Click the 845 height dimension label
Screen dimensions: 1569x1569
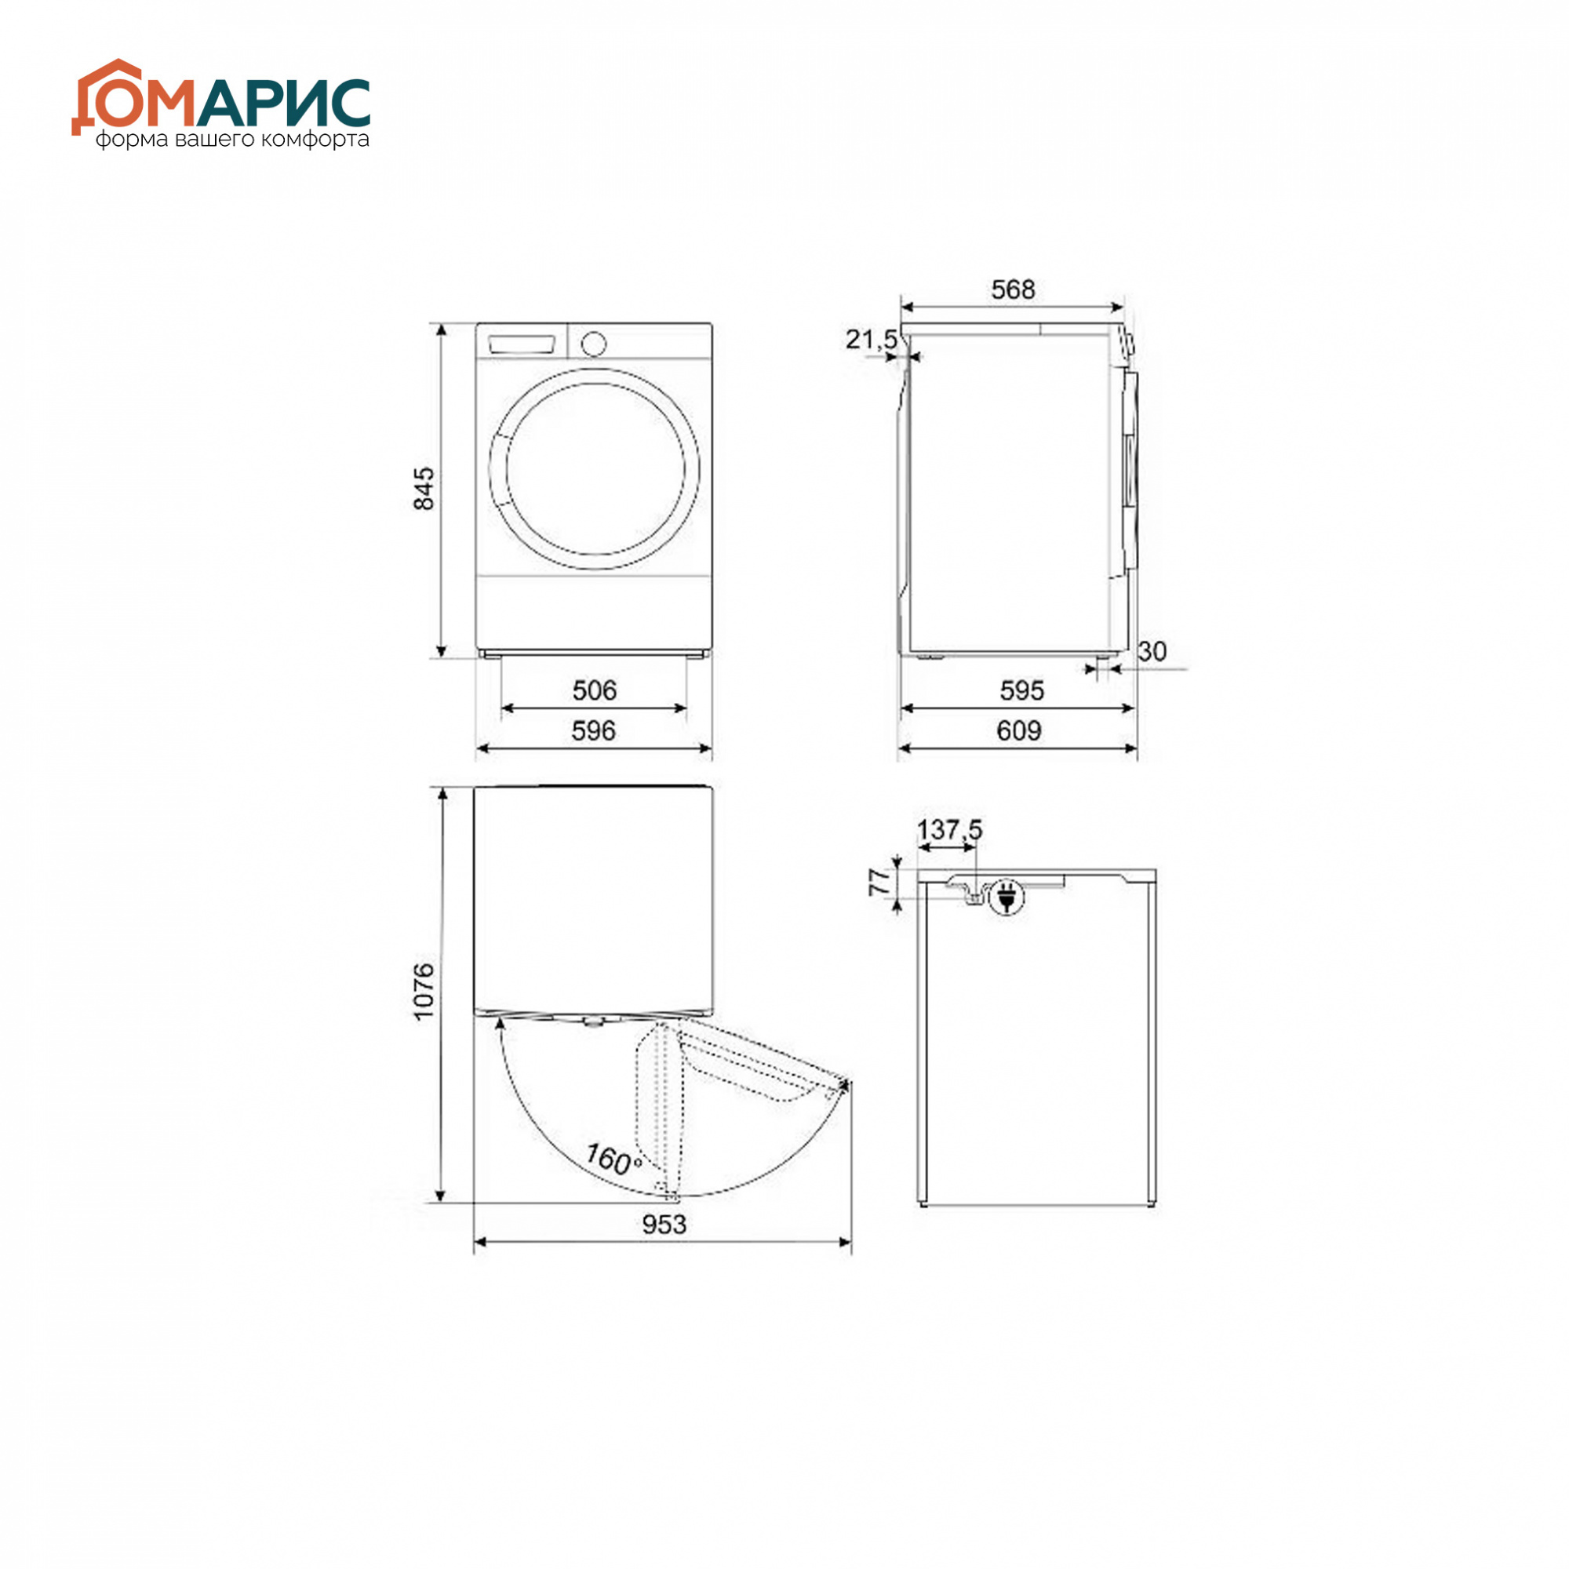point(424,488)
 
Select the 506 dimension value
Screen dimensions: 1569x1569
point(595,690)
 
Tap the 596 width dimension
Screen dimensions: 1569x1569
point(594,731)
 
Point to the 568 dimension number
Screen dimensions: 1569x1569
point(1013,289)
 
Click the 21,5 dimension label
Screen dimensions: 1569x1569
point(872,339)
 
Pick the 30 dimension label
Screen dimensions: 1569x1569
point(1152,650)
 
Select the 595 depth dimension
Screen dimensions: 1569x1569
point(1021,690)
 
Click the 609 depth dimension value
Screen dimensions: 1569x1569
point(1019,731)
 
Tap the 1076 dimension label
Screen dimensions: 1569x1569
point(424,991)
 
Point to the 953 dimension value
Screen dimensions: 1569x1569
point(664,1224)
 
